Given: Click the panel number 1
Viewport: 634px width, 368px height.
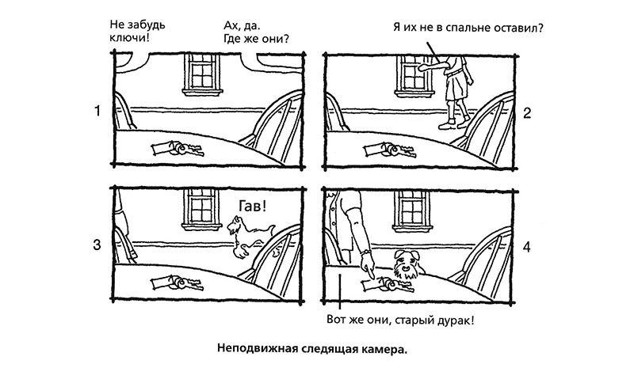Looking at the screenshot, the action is pyautogui.click(x=97, y=111).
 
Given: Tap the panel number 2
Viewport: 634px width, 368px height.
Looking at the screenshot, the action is pyautogui.click(x=526, y=113).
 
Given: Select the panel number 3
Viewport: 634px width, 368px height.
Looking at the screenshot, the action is pyautogui.click(x=97, y=245).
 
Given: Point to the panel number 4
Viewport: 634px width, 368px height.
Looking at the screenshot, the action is pyautogui.click(x=526, y=247).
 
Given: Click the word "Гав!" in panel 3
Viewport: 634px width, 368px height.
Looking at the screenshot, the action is pyautogui.click(x=252, y=207).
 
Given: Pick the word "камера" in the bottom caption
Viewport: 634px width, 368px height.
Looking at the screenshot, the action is pyautogui.click(x=384, y=348).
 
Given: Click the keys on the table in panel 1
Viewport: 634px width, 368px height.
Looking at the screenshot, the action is pyautogui.click(x=178, y=148).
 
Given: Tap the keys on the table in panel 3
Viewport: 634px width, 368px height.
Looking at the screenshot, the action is pyautogui.click(x=178, y=283).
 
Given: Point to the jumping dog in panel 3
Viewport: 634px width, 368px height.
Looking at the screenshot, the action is pyautogui.click(x=250, y=236).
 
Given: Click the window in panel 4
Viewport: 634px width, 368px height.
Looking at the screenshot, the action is pyautogui.click(x=412, y=211).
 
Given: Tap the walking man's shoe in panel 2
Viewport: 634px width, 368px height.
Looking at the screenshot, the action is pyautogui.click(x=448, y=126).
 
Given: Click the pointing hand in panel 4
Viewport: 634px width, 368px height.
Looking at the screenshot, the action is pyautogui.click(x=369, y=267).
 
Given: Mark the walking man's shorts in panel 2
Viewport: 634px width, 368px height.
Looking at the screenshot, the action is pyautogui.click(x=457, y=86).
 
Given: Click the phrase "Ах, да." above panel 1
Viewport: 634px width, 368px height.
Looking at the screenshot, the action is pyautogui.click(x=242, y=25).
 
